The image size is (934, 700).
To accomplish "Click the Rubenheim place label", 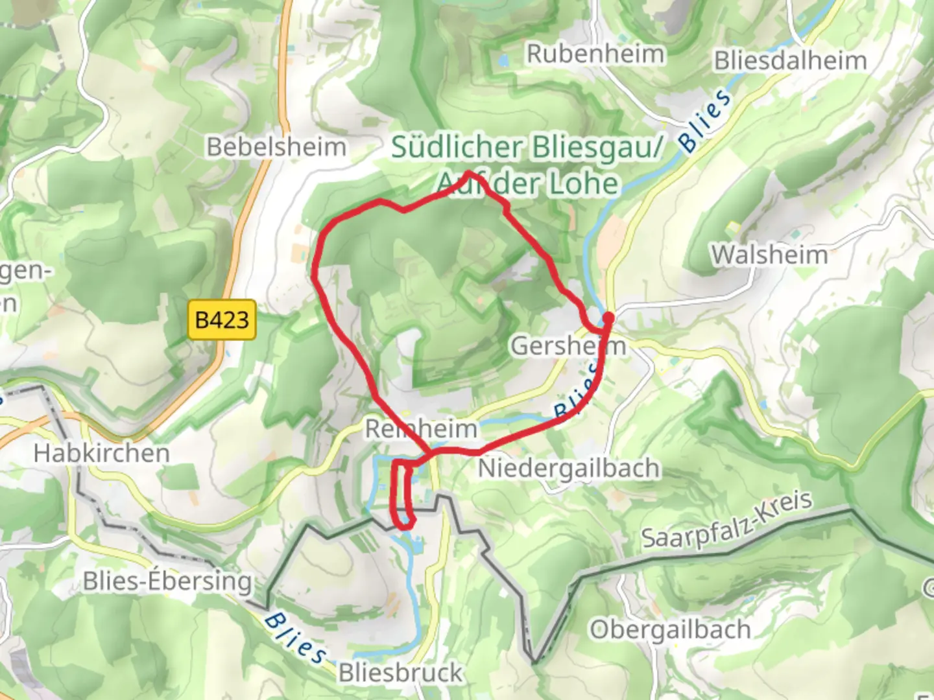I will click(x=595, y=54).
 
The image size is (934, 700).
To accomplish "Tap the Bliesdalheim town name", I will click(x=790, y=61).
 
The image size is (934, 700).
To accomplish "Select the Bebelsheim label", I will click(x=276, y=147).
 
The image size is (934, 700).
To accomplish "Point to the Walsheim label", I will click(x=770, y=255).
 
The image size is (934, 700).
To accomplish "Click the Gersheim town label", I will click(x=568, y=346).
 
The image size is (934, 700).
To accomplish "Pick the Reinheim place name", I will click(x=421, y=428).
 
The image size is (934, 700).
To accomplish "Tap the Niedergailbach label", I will click(x=569, y=468).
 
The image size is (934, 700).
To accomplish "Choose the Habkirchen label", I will click(x=101, y=453).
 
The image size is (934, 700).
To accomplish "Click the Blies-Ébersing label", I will click(x=167, y=581).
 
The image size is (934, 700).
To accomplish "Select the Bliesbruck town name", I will click(x=400, y=673).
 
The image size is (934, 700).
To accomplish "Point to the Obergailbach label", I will click(x=670, y=629).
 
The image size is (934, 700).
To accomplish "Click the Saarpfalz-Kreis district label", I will click(x=726, y=520).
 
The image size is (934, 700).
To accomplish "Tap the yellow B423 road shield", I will click(x=222, y=320).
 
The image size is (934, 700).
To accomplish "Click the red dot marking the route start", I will click(x=608, y=318).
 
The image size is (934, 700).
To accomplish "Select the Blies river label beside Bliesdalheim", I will click(x=705, y=121).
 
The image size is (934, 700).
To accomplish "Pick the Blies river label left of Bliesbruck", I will click(x=295, y=638).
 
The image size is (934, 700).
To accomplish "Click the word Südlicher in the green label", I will click(x=457, y=147).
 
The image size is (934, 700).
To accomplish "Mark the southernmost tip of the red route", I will click(x=403, y=527).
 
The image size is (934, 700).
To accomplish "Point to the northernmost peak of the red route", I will click(x=469, y=172).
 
